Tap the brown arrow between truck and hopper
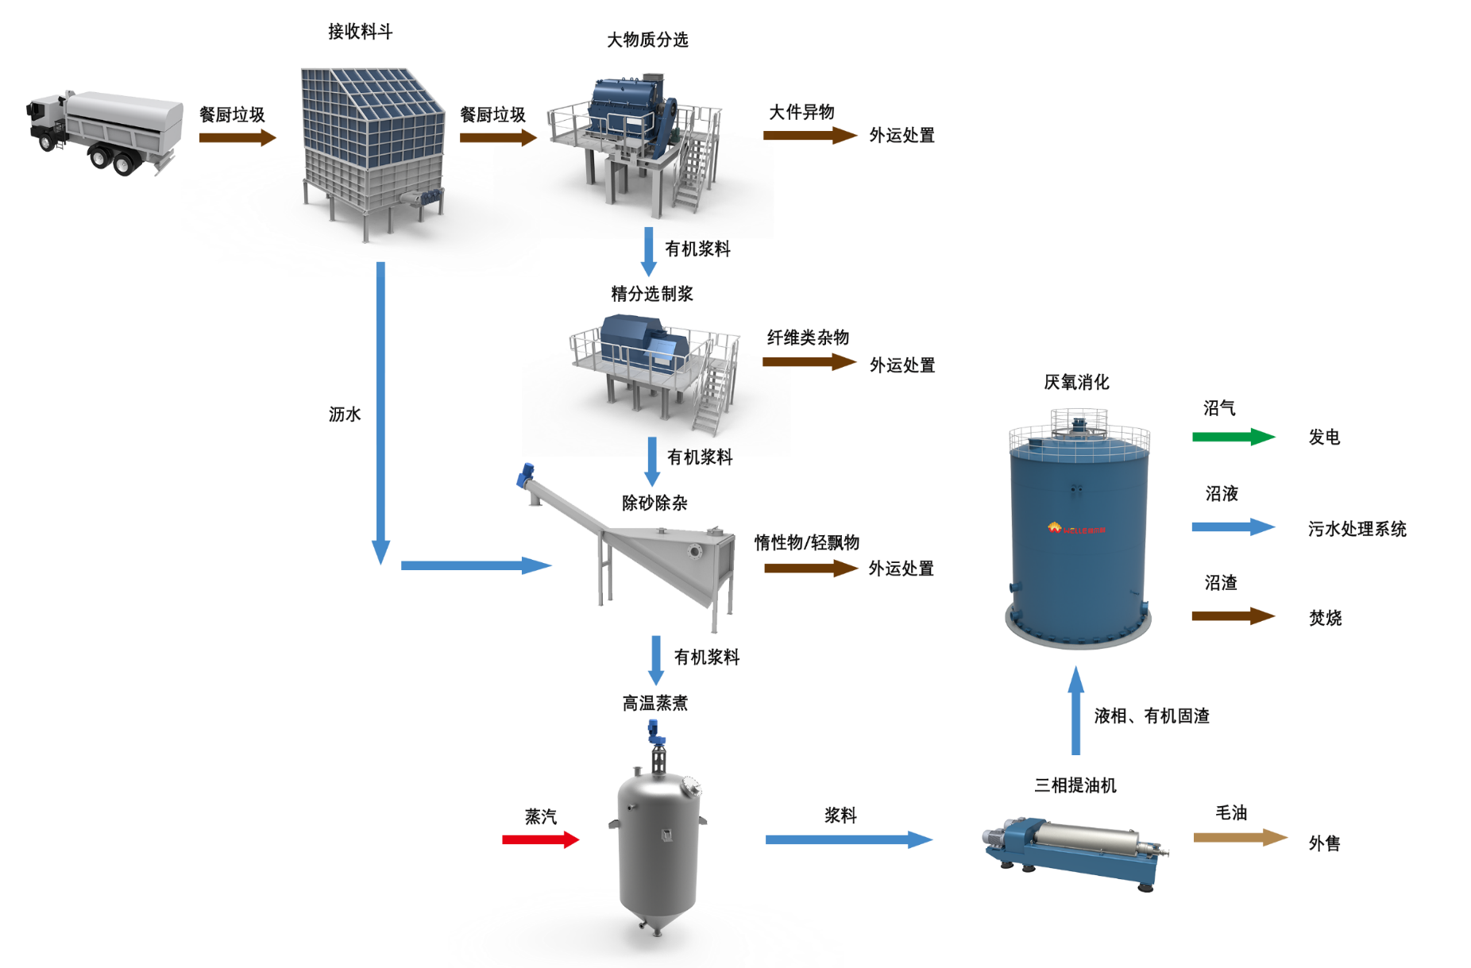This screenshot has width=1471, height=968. pos(237,137)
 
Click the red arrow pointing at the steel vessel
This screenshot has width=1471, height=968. pos(540,839)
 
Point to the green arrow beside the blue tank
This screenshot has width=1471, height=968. pos(1233,437)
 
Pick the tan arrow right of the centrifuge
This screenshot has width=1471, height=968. pos(1239,838)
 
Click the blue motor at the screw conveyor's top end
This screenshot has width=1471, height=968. pos(525,474)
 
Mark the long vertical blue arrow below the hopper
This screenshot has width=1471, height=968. pos(381,413)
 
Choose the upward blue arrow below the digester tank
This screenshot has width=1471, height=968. pos(1076,711)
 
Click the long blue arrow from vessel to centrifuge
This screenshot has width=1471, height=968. pos(848,839)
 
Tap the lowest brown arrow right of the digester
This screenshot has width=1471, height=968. pos(1233,616)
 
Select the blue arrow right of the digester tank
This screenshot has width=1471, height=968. pos(1233,526)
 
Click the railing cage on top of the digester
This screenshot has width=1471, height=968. pos(1079,421)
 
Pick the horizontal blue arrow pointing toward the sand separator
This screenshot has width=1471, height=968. pos(475,565)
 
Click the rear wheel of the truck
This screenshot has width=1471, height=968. pos(123,164)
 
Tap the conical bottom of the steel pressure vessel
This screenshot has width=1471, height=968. pos(658,905)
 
